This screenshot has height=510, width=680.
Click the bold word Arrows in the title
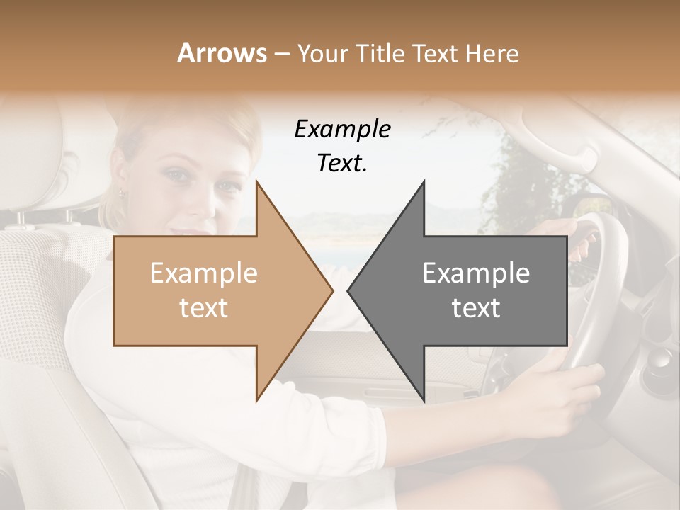pos(222,53)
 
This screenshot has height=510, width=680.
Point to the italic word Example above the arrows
pos(343,130)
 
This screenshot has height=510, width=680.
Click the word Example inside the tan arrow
pos(204,273)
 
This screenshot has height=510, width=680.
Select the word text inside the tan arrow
pos(204,308)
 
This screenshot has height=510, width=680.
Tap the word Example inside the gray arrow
pos(476,273)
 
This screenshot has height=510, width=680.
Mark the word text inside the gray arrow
pos(476,308)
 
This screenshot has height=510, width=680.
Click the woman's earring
pos(121,193)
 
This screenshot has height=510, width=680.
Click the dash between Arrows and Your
pos(281,54)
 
